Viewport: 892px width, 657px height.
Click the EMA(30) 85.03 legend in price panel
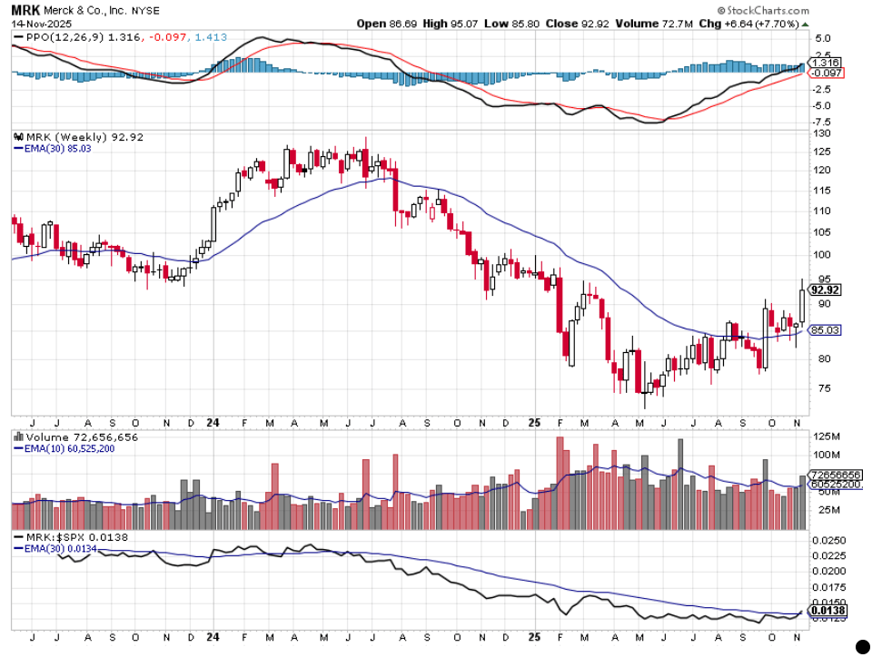52,149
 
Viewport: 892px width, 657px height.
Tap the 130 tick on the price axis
823,133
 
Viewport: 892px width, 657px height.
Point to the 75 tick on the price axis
821,388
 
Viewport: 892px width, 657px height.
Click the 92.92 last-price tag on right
825,290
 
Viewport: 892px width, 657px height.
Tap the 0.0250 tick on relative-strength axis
828,541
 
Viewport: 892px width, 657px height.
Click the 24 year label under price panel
213,422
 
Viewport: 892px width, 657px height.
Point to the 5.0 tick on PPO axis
823,38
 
